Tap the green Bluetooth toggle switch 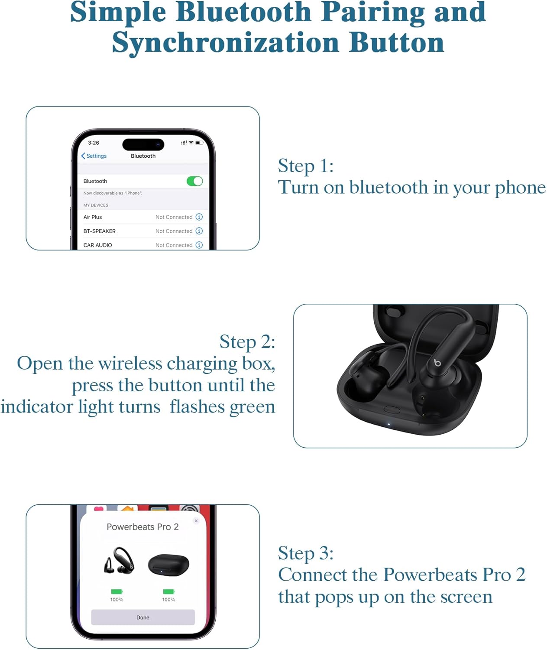pos(194,181)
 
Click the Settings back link pos(94,156)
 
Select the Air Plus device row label pos(93,217)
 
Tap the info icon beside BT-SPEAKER pos(199,231)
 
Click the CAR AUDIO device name pos(97,245)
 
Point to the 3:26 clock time pos(94,143)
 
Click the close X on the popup pos(196,521)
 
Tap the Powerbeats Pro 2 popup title pos(142,527)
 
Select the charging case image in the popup pos(168,564)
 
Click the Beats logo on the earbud pos(437,362)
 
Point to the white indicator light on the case pos(388,424)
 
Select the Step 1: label pos(306,166)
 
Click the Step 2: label pos(247,341)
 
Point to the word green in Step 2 pos(252,407)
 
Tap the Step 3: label pos(306,553)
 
